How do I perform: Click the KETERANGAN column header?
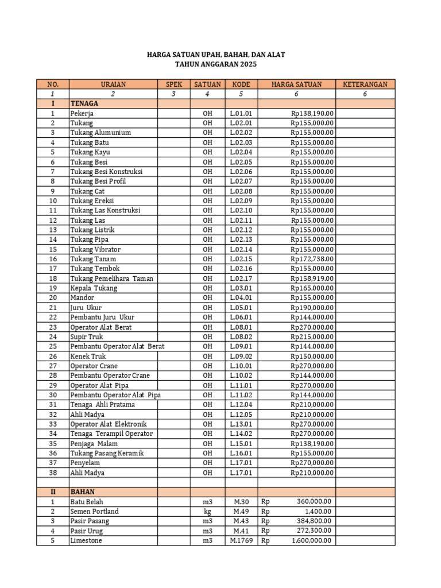pos(365,84)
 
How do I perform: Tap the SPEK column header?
pos(174,84)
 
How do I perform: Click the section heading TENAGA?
pos(84,103)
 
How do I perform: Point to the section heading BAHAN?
pos(83,492)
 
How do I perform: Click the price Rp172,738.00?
pos(312,259)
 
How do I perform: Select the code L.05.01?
pos(241,307)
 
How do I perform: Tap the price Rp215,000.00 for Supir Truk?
pos(312,336)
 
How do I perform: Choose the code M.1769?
pos(241,541)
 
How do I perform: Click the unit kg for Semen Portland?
pos(207,512)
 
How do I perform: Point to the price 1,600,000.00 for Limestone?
pos(312,541)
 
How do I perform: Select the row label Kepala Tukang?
pos(94,288)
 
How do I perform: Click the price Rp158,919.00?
pos(312,278)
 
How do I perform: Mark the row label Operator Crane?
pos(94,366)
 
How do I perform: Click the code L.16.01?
pos(241,453)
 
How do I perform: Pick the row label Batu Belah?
pos(87,502)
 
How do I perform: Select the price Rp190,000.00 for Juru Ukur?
pos(312,307)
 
